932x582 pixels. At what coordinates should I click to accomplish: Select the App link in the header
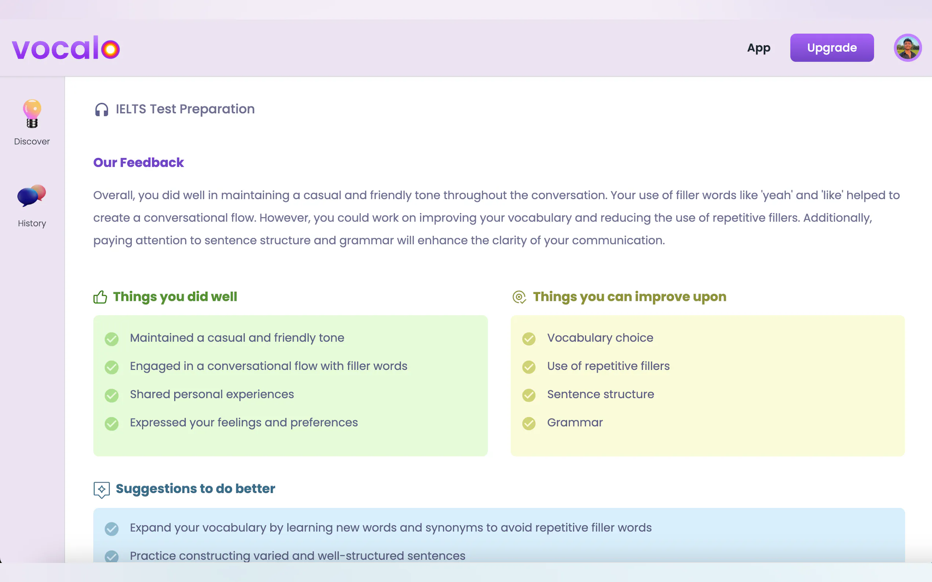point(758,48)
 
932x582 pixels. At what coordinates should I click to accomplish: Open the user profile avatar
point(907,48)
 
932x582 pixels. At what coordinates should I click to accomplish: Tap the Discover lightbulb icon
point(32,114)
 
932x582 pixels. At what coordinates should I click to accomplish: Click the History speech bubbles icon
point(32,196)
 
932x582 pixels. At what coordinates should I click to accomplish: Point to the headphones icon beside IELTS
point(102,110)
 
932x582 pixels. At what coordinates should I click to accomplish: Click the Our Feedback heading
point(138,162)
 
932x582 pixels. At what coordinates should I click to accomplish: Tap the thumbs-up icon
point(100,297)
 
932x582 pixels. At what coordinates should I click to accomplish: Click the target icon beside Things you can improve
point(519,297)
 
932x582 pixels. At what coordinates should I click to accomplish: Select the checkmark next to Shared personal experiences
point(112,395)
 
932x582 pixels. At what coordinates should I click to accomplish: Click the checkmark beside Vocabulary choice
point(529,339)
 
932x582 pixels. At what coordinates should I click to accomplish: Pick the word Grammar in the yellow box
point(575,422)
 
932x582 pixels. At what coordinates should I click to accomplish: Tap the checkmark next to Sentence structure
point(529,395)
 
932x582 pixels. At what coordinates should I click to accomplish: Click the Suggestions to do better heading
point(195,489)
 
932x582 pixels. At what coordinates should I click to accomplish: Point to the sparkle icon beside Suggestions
point(102,490)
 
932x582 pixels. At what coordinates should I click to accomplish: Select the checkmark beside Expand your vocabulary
point(112,529)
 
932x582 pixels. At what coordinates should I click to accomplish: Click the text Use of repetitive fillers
point(608,366)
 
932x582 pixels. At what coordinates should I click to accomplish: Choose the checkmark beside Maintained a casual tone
point(112,339)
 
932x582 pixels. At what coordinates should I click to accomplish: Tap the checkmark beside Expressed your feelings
point(112,423)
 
